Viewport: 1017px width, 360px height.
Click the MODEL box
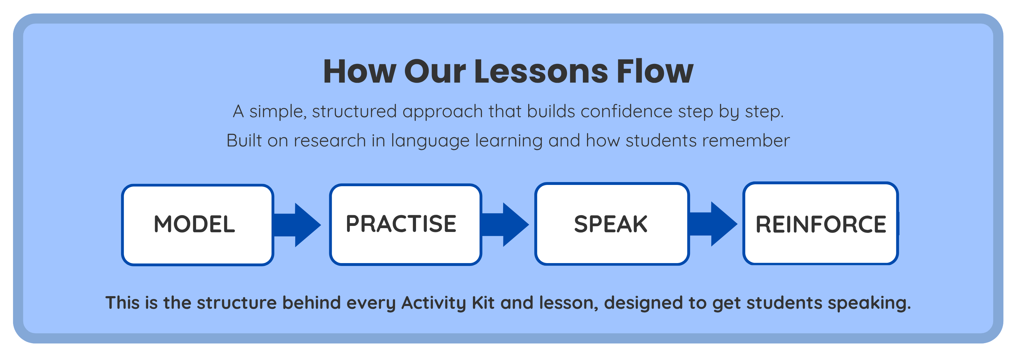(x=197, y=225)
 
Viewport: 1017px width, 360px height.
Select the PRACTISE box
(x=406, y=224)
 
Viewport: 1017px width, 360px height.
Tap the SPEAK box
(x=612, y=224)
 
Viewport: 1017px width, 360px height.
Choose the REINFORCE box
(x=820, y=223)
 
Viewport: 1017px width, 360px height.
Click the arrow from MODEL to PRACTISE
(x=297, y=225)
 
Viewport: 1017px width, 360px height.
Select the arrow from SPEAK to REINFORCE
(x=713, y=224)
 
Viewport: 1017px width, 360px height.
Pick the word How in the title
(x=360, y=71)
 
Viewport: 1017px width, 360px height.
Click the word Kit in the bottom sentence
(x=483, y=303)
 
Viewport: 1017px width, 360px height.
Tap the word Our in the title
(x=435, y=71)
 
